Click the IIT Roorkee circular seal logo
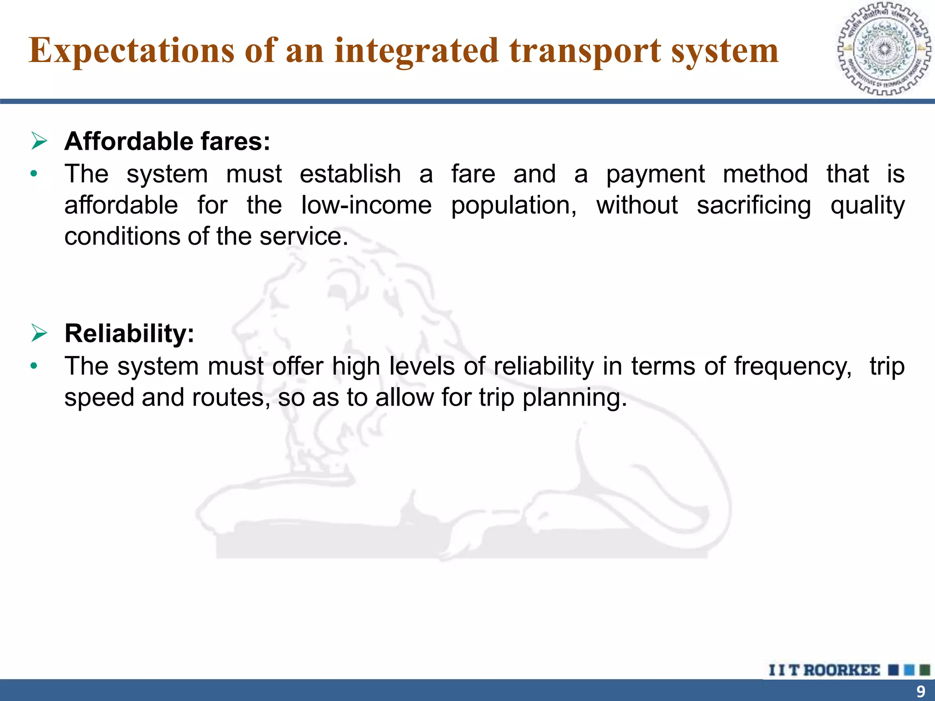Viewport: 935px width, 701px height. point(884,49)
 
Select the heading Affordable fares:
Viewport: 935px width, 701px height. point(167,141)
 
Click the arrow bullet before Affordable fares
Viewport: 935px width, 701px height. point(40,141)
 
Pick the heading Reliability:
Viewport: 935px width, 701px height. point(129,333)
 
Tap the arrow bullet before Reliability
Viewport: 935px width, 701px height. point(40,333)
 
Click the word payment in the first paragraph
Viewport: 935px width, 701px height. point(655,174)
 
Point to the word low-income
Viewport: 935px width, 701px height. point(366,205)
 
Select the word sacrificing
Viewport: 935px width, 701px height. point(754,205)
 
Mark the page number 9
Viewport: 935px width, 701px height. point(920,691)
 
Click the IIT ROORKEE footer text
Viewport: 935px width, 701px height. point(824,670)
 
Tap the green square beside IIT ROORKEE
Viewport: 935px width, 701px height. point(925,670)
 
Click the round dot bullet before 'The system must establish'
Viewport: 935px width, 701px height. point(33,174)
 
